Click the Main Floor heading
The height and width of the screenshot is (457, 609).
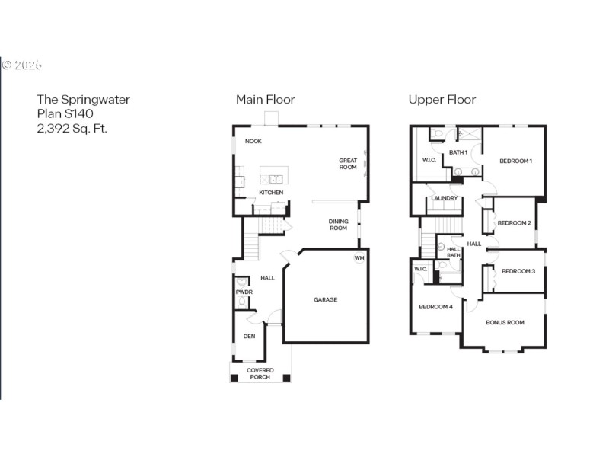click(x=265, y=100)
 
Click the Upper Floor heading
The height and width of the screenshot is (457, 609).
click(x=442, y=100)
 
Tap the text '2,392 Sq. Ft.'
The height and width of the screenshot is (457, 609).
click(x=72, y=129)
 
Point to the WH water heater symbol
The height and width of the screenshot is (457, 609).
click(x=359, y=258)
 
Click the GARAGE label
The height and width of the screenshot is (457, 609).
click(x=325, y=299)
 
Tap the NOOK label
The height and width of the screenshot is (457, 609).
click(x=253, y=142)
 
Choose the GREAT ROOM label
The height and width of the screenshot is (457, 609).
click(x=348, y=164)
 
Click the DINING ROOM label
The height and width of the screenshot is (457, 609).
click(x=338, y=225)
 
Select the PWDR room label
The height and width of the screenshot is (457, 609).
click(x=244, y=292)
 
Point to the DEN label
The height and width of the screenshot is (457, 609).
click(x=248, y=336)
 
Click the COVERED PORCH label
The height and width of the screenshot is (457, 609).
click(x=260, y=374)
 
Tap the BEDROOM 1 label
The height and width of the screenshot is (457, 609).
click(x=515, y=161)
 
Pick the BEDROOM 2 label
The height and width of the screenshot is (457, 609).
click(x=514, y=223)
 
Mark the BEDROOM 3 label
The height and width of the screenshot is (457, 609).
click(x=518, y=271)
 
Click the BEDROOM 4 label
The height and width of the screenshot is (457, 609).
click(x=435, y=307)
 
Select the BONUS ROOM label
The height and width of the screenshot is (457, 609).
click(x=505, y=322)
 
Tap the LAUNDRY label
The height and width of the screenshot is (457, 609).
click(x=444, y=199)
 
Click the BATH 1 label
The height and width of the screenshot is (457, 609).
click(x=458, y=152)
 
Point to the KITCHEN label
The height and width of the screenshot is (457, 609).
click(x=271, y=193)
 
